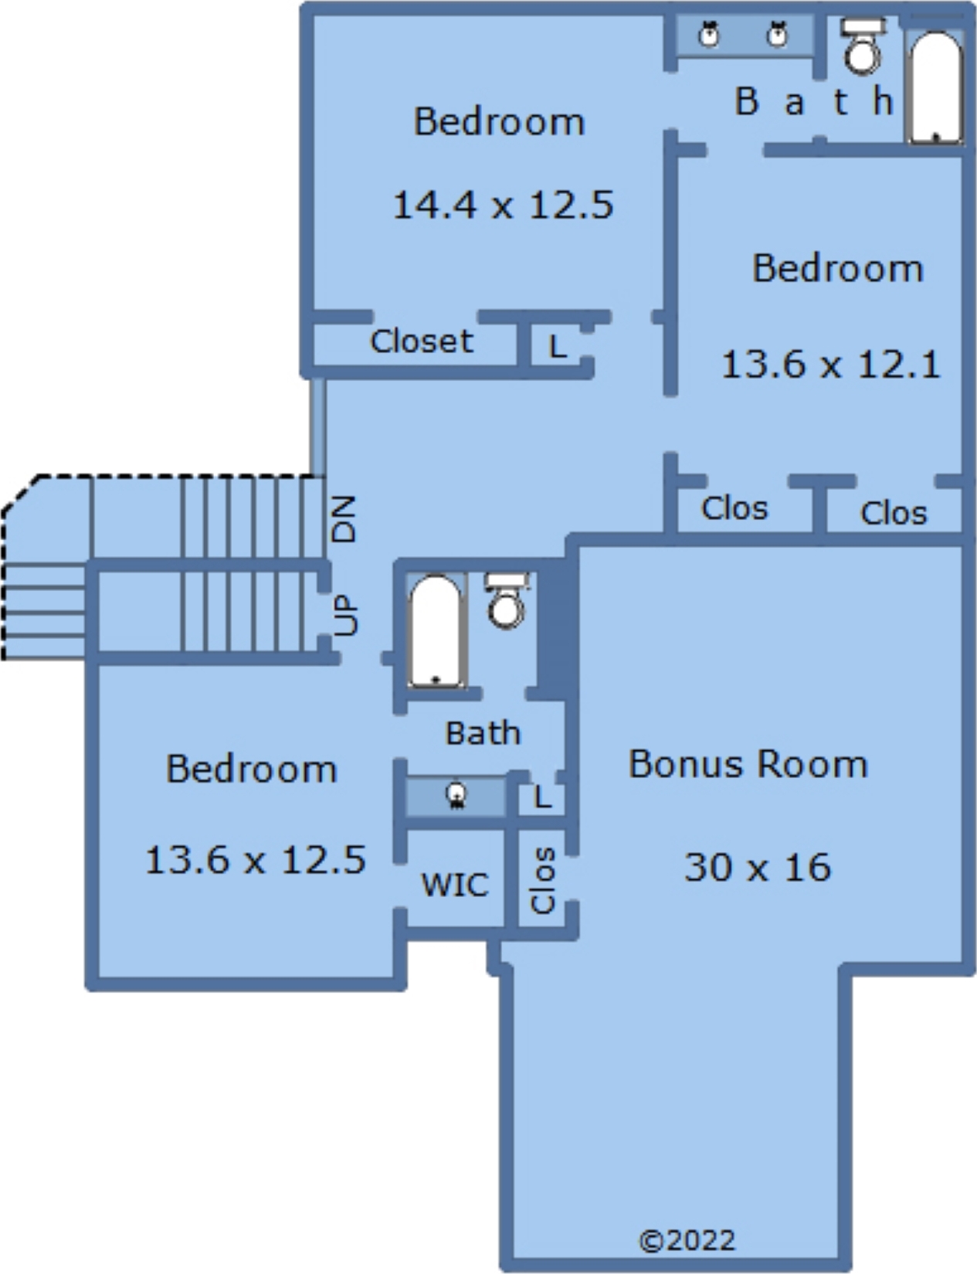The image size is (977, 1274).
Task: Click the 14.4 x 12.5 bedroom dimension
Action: pyautogui.click(x=503, y=206)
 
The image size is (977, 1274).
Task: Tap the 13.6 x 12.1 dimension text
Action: pyautogui.click(x=830, y=364)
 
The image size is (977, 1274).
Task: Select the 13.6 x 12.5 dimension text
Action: pyautogui.click(x=255, y=860)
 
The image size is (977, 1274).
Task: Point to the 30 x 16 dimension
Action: pyautogui.click(x=757, y=867)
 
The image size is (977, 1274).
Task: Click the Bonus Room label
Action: pyautogui.click(x=748, y=765)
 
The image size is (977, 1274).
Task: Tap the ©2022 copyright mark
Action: pyautogui.click(x=687, y=1241)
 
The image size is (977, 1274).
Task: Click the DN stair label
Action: pyautogui.click(x=344, y=519)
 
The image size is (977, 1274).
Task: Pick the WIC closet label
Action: pyautogui.click(x=455, y=885)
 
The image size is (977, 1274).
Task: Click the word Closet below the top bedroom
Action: pyautogui.click(x=422, y=341)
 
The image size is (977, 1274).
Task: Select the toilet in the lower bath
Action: pyautogui.click(x=507, y=601)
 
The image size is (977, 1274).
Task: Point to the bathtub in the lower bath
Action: pyautogui.click(x=436, y=631)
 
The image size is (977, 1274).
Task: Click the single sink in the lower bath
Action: pyautogui.click(x=456, y=796)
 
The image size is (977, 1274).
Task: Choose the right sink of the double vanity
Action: pyautogui.click(x=778, y=33)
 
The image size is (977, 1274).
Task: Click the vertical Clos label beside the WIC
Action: pyautogui.click(x=542, y=880)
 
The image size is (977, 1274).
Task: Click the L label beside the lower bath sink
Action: pyautogui.click(x=542, y=797)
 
